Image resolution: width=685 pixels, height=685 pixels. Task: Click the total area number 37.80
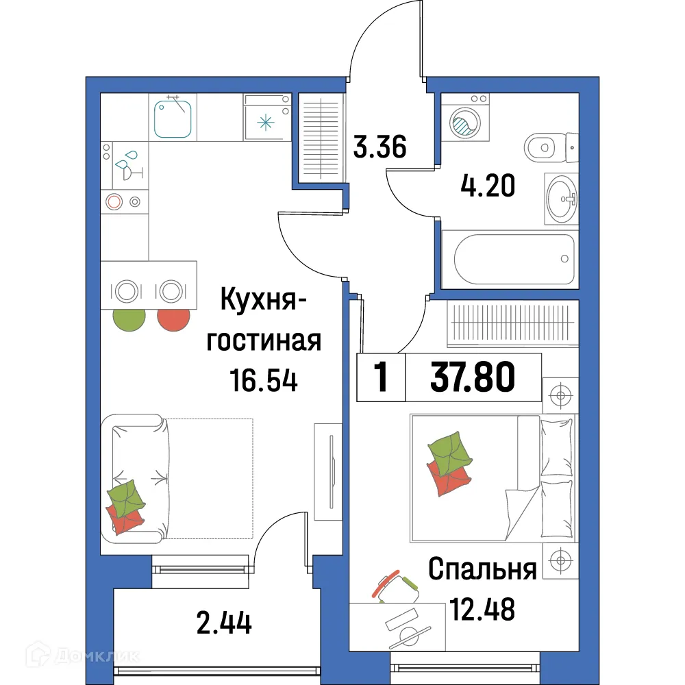[x=473, y=377]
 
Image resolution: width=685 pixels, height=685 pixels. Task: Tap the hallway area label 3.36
[x=380, y=147]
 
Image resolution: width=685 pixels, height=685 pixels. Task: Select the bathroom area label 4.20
[x=486, y=186]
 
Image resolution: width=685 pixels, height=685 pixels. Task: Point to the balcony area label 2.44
[x=223, y=623]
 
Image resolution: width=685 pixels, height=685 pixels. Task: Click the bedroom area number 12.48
[x=482, y=608]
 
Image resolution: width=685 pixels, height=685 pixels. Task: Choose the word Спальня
[x=482, y=570]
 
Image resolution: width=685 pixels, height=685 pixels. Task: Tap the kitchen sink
[x=173, y=117]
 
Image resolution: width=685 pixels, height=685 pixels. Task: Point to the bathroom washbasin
[x=561, y=199]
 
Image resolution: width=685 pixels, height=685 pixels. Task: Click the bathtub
[x=508, y=259]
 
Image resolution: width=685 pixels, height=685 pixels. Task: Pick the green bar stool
[x=129, y=320]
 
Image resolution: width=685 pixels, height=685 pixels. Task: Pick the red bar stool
[x=173, y=320]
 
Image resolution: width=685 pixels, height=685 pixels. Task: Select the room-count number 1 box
[x=381, y=377]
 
